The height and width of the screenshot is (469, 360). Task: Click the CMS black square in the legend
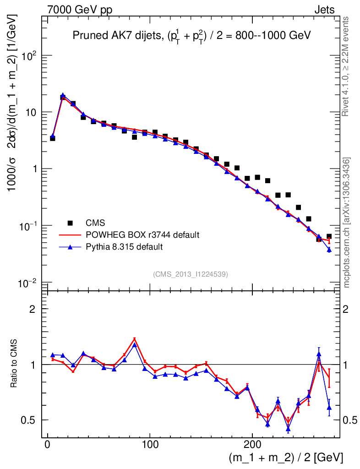tap(70, 223)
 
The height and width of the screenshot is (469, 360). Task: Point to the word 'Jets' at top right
tap(324, 10)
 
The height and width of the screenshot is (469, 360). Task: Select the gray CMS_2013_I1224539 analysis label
tap(191, 274)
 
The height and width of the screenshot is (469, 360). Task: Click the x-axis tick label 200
tap(253, 445)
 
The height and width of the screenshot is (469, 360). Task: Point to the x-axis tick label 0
tap(48, 445)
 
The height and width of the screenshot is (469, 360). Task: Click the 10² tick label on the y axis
tap(29, 55)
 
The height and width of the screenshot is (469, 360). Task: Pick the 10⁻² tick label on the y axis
tap(28, 283)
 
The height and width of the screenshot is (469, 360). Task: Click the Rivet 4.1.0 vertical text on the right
tap(346, 66)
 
